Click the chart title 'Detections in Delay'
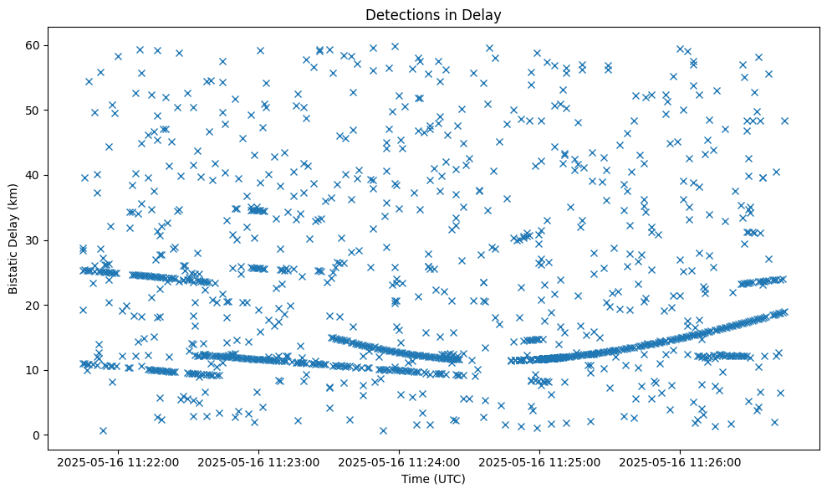pos(433,14)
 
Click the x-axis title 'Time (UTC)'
pos(433,480)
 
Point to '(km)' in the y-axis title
pos(14,196)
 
